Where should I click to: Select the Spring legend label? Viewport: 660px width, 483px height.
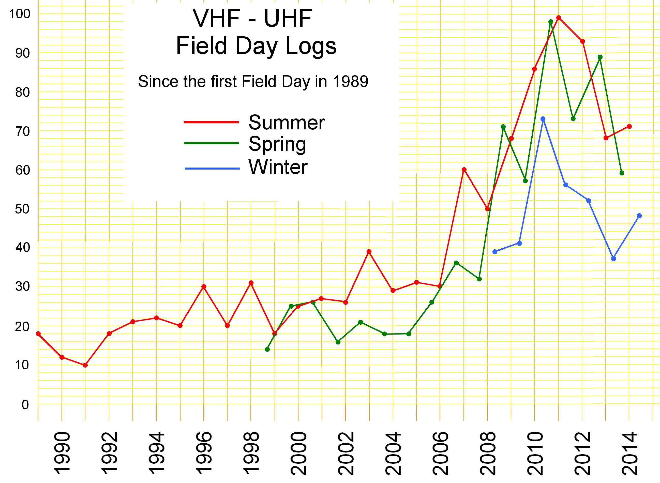(277, 144)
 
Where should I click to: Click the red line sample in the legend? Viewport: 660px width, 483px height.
(211, 122)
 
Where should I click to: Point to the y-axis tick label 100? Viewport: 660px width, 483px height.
(20, 14)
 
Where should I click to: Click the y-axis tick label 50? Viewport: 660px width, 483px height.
(22, 209)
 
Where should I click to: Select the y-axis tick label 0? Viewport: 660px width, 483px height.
(25, 405)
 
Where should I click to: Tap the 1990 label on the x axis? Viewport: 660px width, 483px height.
(62, 453)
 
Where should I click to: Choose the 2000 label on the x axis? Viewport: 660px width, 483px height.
(298, 453)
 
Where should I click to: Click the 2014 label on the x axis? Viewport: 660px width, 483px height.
(629, 453)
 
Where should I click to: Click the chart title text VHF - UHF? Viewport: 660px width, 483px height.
(252, 18)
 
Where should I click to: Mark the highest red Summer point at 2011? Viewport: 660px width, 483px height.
(559, 18)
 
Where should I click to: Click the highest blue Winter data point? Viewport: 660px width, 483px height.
(543, 119)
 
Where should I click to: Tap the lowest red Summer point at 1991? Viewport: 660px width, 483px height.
(85, 365)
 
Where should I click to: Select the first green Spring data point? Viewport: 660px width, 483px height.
(267, 349)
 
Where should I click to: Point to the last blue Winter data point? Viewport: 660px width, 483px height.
(639, 216)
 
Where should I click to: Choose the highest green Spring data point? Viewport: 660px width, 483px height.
(551, 22)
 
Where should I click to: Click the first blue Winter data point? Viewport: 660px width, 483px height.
(495, 252)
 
